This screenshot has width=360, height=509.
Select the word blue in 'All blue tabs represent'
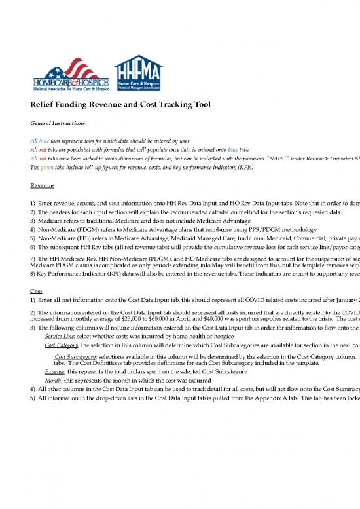tap(45, 140)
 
